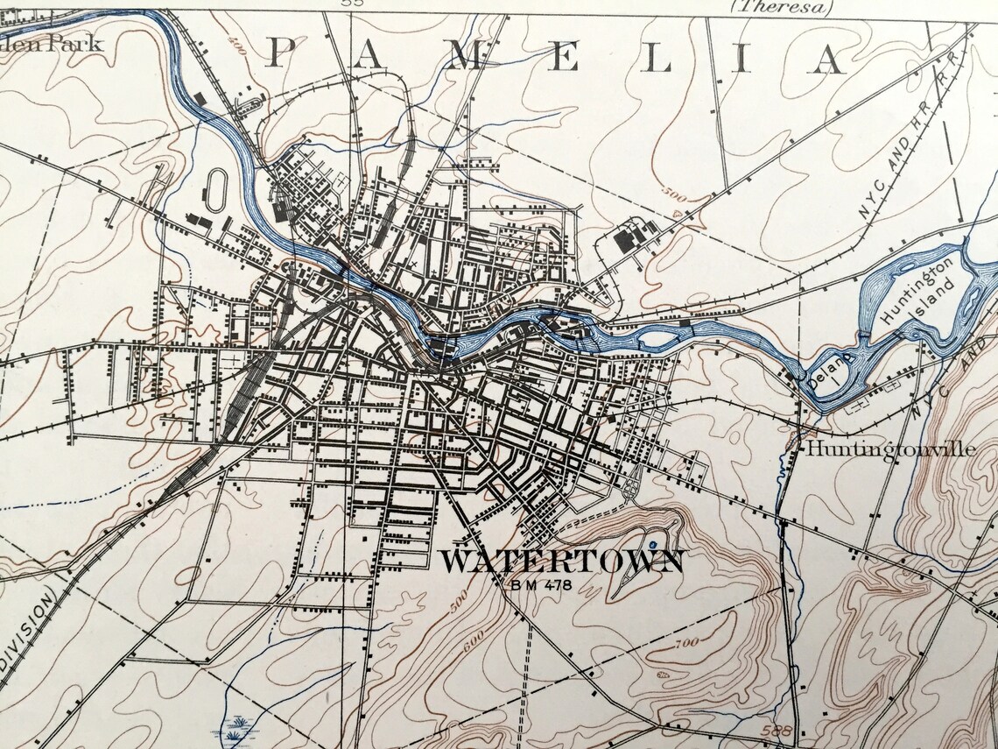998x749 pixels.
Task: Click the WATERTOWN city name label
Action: [560, 562]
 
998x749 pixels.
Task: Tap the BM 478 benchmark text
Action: [538, 584]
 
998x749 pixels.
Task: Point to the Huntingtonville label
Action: [889, 449]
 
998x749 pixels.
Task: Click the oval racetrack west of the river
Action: [216, 187]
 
